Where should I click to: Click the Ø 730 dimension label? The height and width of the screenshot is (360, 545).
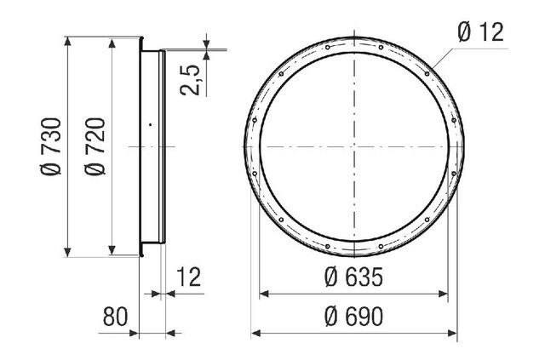tap(51, 146)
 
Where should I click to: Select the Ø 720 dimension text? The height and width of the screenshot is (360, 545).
tap(95, 146)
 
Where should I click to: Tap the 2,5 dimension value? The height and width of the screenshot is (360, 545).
tap(190, 80)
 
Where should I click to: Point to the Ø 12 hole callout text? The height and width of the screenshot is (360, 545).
tap(480, 32)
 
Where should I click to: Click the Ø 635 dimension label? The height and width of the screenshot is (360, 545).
tap(354, 277)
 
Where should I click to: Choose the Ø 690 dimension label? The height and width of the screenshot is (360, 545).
tap(354, 317)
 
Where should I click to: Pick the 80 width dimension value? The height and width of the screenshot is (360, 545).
tap(116, 317)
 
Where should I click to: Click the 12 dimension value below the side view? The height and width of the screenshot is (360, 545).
tap(189, 277)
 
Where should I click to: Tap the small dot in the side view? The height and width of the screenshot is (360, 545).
tap(150, 124)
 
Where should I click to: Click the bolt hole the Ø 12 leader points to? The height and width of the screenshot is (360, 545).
tap(427, 74)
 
